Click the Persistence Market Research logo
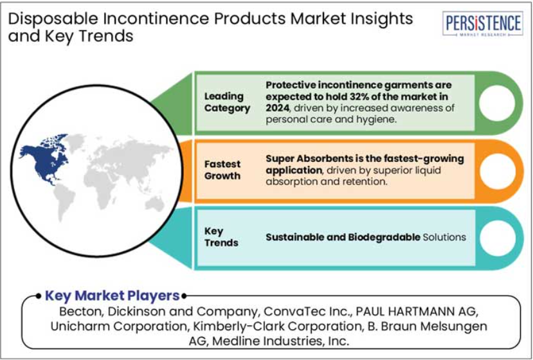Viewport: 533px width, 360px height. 483,23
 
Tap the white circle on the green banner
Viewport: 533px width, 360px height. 497,103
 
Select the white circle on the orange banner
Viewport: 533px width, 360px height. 497,171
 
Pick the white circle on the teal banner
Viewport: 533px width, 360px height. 497,238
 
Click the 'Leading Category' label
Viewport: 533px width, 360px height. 227,102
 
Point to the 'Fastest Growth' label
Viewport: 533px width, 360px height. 222,170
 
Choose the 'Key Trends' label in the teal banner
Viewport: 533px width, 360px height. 221,237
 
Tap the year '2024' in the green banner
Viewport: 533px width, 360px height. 277,108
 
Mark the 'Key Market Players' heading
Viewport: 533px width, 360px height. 112,296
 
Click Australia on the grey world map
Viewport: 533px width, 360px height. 155,204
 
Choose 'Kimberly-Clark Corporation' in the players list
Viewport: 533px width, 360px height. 276,326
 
